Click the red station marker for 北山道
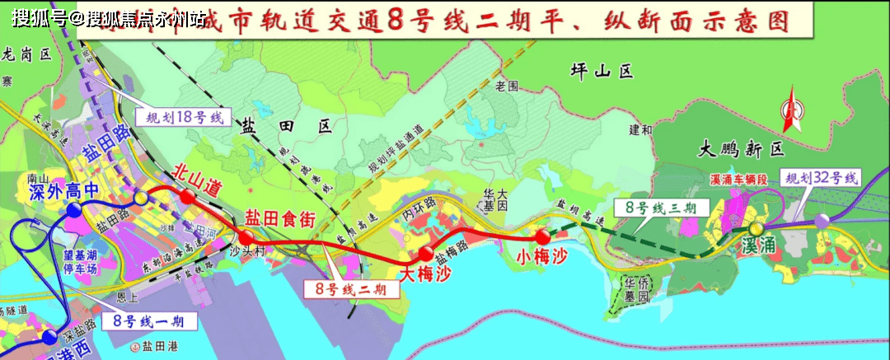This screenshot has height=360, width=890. (x=188, y=196)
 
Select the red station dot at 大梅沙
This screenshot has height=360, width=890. (x=425, y=253)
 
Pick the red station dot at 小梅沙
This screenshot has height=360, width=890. (x=541, y=237)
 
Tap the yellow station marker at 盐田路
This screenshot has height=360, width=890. (x=142, y=198)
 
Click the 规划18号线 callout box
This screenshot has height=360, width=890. (x=180, y=116)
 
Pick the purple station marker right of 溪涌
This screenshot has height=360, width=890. (x=822, y=220)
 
